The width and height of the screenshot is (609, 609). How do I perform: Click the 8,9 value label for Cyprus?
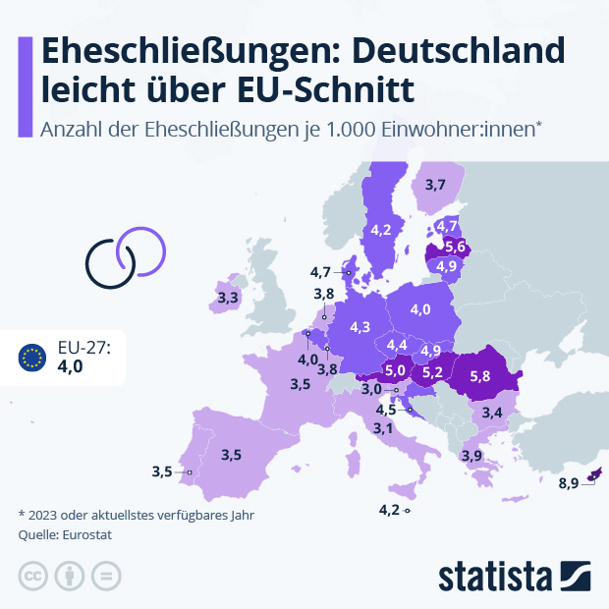pos(569,483)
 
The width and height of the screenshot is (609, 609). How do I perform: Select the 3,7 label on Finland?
pos(436,185)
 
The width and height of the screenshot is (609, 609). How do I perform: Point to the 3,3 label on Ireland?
pos(228,297)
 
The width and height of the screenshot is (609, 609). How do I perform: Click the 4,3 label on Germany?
pos(360,326)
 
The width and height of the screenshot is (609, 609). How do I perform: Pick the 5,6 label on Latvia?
pos(455,247)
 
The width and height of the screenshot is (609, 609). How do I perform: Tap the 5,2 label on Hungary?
pos(432,372)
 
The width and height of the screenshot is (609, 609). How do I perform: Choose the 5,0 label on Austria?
pos(396,370)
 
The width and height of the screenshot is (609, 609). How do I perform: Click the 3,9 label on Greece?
pos(471,456)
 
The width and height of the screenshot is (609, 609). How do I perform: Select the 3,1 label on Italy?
pos(383,428)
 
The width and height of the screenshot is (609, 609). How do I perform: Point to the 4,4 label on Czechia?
pos(397,345)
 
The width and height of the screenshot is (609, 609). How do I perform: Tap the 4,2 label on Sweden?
pos(381,230)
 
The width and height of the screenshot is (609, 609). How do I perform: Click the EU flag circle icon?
pos(32,358)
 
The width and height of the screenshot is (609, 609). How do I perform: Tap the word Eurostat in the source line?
pos(88,535)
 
